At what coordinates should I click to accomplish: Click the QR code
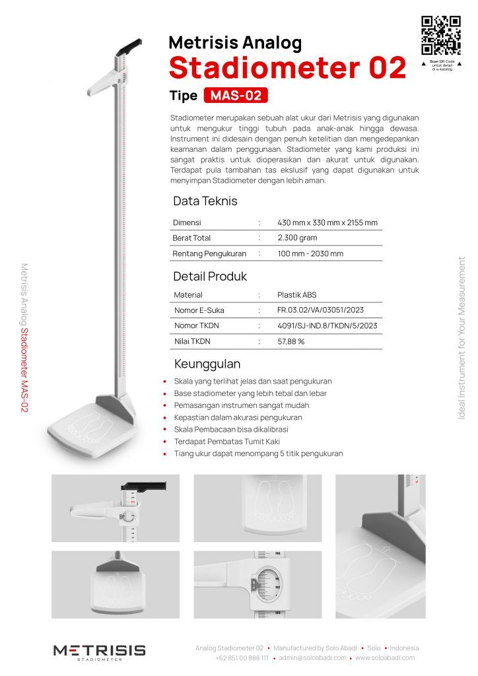tap(441, 35)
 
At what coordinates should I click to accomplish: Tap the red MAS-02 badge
tap(236, 96)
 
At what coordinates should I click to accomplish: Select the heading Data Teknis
tap(205, 201)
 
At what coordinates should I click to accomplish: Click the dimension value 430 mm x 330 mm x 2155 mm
tap(327, 222)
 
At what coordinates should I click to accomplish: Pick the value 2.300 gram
tap(298, 238)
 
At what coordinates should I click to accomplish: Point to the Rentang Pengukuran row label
tap(209, 253)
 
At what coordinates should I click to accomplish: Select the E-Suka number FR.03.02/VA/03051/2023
tap(321, 310)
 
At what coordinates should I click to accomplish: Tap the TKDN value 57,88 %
tap(291, 341)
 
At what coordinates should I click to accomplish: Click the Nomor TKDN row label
tap(197, 325)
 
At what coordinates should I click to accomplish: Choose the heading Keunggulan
tap(207, 364)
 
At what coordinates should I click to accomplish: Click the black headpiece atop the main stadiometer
tap(130, 47)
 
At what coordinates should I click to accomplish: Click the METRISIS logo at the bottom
tap(100, 651)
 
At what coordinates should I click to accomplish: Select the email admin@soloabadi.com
tap(312, 658)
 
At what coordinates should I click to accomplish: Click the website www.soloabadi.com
tap(385, 658)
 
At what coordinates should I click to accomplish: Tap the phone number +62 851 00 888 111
tap(242, 658)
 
